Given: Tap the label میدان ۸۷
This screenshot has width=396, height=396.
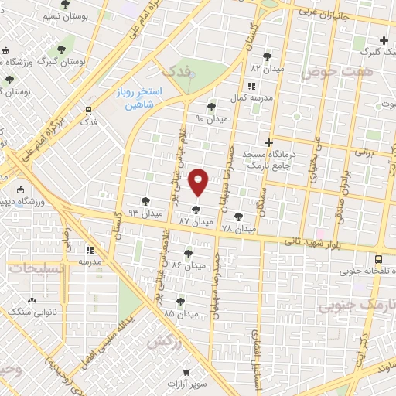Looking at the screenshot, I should pyautogui.click(x=195, y=221).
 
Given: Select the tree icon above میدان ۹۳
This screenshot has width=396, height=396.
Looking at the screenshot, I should pyautogui.click(x=145, y=201).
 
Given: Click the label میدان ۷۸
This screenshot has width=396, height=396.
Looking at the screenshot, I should pyautogui.click(x=237, y=230).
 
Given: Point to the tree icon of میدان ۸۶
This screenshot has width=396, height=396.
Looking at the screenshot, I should pyautogui.click(x=189, y=253).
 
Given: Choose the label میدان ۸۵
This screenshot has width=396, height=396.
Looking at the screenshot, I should pyautogui.click(x=179, y=312).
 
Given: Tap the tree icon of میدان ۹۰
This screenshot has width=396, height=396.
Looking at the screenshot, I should pyautogui.click(x=212, y=107).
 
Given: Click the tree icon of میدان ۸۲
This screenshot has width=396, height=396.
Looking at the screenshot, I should pyautogui.click(x=268, y=56).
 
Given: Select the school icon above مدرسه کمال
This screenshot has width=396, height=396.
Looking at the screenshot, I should pyautogui.click(x=252, y=86).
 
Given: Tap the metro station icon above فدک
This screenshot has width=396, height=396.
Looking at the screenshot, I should pyautogui.click(x=89, y=110).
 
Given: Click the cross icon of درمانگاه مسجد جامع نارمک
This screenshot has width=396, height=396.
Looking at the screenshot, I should pyautogui.click(x=268, y=142).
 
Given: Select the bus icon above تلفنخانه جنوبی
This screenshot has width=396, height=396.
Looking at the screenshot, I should pyautogui.click(x=378, y=260).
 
